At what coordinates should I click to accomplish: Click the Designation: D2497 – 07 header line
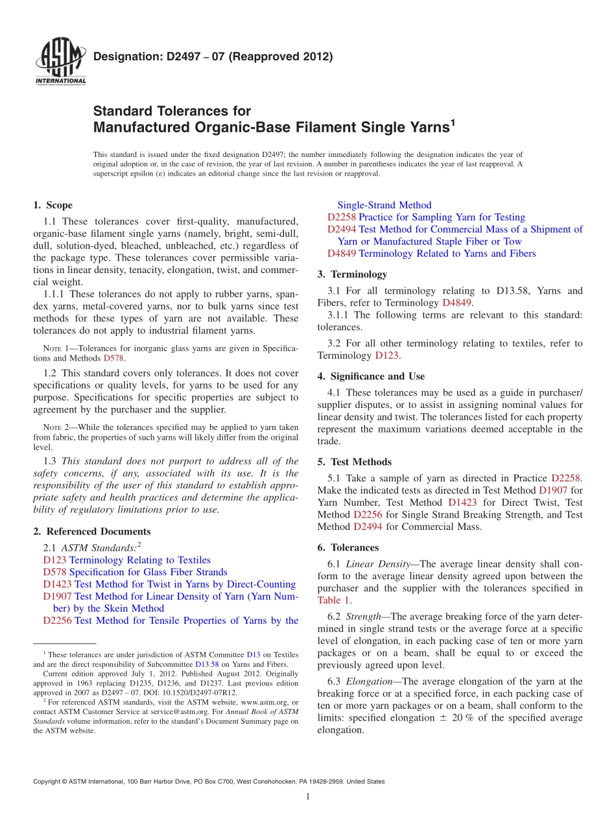tap(213, 56)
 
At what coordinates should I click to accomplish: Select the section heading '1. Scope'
tap(53, 205)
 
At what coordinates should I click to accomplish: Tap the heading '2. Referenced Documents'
tap(91, 531)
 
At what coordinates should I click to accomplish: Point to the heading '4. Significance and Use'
tap(371, 376)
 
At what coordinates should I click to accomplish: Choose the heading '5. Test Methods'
tap(355, 462)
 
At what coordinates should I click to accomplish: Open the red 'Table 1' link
tap(333, 601)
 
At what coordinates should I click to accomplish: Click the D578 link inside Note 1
tap(113, 358)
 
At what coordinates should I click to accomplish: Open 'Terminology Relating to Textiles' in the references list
tap(139, 560)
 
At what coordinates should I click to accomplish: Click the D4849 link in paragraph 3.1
tap(456, 303)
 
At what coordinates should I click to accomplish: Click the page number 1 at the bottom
tap(308, 797)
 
